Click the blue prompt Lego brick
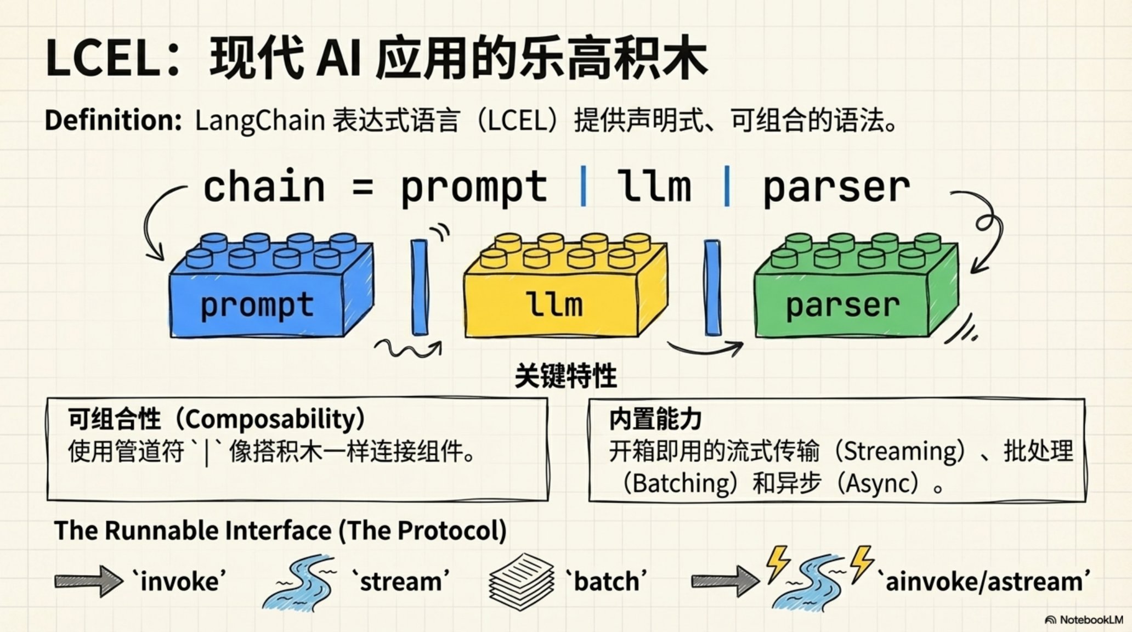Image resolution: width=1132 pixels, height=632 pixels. coord(271,285)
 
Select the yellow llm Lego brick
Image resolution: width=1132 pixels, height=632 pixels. coord(565,285)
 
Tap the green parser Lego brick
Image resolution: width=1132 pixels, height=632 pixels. coord(856,285)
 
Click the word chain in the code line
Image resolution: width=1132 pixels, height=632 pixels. coord(264,187)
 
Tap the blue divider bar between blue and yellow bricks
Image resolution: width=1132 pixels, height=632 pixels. coord(420,287)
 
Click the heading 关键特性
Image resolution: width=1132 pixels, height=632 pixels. coord(566,376)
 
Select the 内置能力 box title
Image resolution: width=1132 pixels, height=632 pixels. coord(656,419)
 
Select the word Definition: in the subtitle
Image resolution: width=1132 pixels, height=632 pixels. coord(113,120)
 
